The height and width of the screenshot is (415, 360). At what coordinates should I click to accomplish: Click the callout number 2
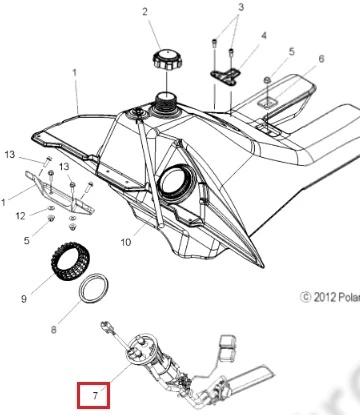[x=145, y=12]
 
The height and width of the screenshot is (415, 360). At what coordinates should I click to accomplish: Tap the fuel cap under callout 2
[x=166, y=59]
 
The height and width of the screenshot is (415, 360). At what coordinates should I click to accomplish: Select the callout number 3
[x=241, y=7]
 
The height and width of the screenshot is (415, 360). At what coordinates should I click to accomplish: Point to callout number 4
[x=264, y=35]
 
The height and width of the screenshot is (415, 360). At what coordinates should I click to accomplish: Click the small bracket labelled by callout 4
[x=226, y=76]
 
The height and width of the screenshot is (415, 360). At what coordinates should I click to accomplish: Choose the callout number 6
[x=321, y=59]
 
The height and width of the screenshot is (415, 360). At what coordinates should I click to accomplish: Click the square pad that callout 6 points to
[x=268, y=103]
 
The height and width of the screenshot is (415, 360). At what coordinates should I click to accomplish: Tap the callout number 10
[x=126, y=242]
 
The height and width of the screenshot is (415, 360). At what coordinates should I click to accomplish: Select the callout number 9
[x=24, y=298]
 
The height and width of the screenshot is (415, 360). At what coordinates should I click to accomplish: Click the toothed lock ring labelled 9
[x=70, y=262]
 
